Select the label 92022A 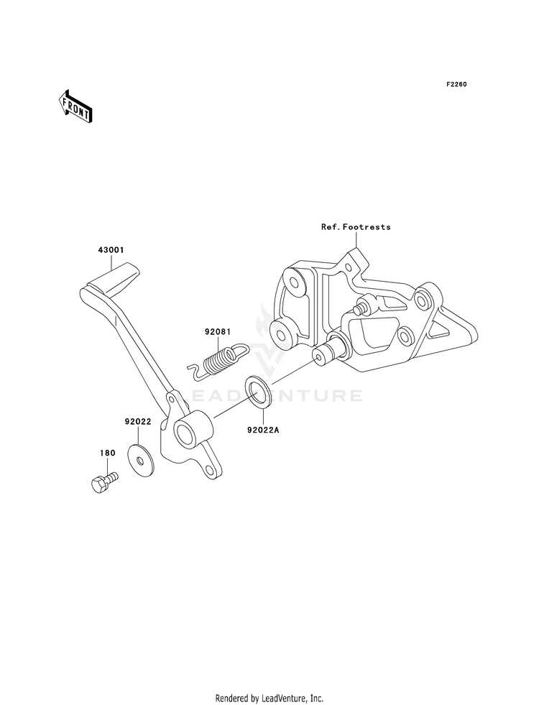coord(262,432)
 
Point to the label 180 coord(107,453)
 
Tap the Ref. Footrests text coord(356,227)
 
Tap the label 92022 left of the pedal coord(137,423)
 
